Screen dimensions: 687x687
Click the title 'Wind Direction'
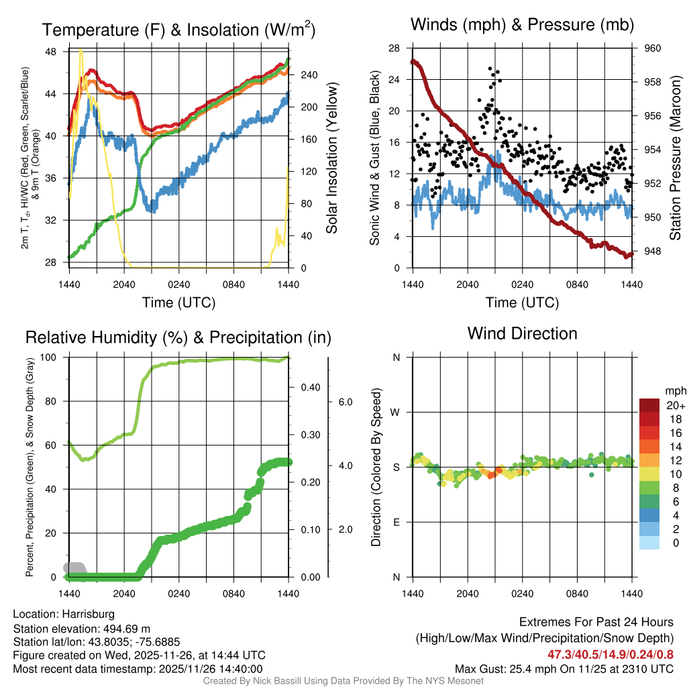(x=522, y=333)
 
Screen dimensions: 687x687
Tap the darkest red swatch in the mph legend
(x=649, y=405)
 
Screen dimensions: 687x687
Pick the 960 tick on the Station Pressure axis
(x=653, y=48)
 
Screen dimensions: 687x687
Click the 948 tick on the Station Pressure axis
(x=653, y=252)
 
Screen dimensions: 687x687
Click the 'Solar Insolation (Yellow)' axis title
(x=331, y=158)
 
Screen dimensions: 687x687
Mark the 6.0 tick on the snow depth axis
(x=345, y=402)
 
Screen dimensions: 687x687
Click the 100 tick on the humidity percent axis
(x=52, y=358)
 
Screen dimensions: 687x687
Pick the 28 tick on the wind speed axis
(x=394, y=48)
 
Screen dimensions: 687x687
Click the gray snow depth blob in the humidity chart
(x=73, y=568)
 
